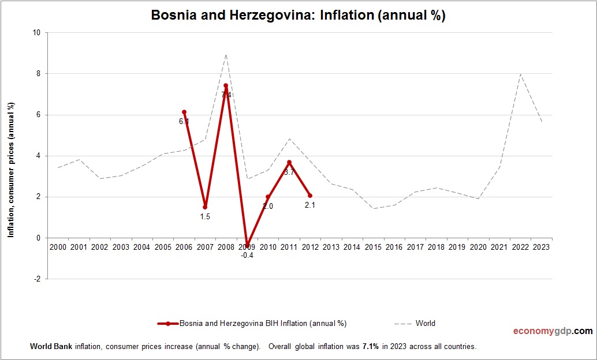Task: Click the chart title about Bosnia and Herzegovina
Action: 298,16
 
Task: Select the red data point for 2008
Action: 226,85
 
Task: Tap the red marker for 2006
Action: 184,112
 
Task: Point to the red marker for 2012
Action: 310,196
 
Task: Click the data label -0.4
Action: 247,254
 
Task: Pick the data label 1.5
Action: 205,216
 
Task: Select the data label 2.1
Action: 310,205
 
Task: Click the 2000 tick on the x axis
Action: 58,247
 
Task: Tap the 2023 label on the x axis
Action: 542,247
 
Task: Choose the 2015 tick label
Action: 373,247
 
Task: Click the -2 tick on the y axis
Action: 38,279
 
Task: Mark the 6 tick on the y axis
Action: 38,115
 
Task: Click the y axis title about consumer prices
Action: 11,170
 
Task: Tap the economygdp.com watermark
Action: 553,331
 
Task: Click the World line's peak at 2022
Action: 521,74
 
